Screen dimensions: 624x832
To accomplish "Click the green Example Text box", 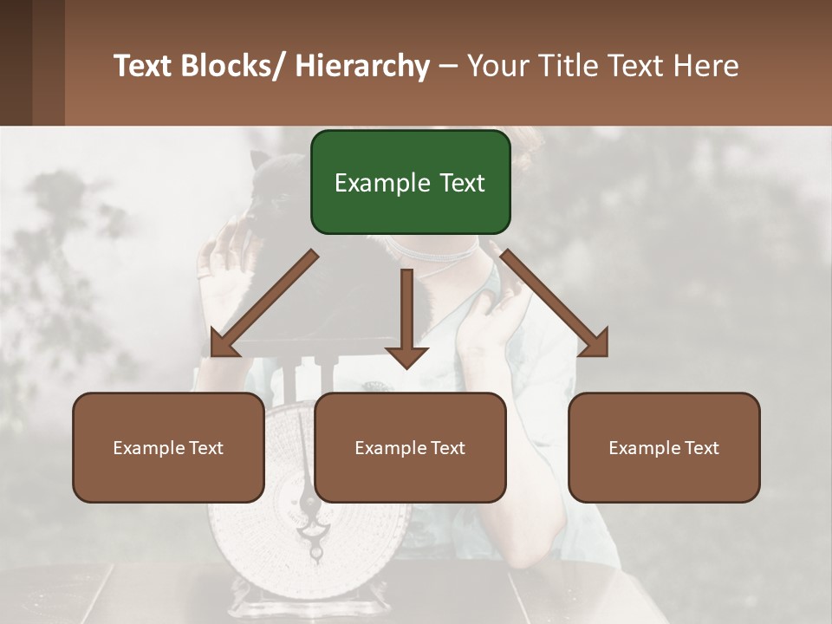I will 410,182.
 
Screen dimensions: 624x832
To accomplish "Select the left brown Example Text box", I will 168,447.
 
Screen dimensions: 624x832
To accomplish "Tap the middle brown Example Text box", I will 410,447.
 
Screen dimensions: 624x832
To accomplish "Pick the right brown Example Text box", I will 664,447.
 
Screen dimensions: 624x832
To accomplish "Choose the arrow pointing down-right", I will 555,303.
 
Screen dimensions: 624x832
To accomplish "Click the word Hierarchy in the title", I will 362,66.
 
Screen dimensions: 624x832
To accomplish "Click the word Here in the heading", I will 707,66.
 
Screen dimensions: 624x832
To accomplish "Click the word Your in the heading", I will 498,66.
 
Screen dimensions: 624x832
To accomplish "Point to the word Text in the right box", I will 700,447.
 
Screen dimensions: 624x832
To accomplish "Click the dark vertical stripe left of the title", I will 16,62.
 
